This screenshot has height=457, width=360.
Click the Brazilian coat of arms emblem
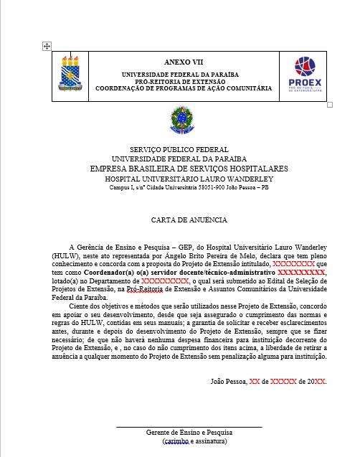pyautogui.click(x=179, y=118)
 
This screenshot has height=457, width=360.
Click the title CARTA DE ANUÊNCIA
pyautogui.click(x=189, y=220)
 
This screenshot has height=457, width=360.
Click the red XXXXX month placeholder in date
pyautogui.click(x=288, y=381)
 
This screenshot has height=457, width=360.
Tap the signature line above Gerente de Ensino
pyautogui.click(x=189, y=427)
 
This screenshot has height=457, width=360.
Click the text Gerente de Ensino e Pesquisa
pyautogui.click(x=189, y=433)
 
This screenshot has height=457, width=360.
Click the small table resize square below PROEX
pyautogui.click(x=330, y=105)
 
